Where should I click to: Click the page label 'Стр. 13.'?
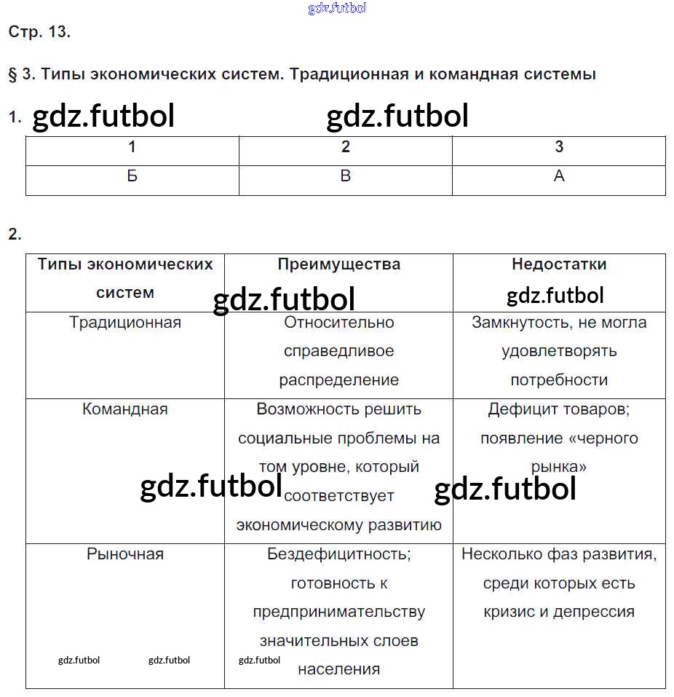(x=39, y=32)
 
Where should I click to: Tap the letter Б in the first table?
(x=132, y=176)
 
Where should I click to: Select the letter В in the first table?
(x=346, y=176)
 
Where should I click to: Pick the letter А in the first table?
(x=559, y=176)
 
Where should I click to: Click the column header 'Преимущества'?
(x=338, y=264)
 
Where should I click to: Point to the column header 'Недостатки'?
(x=559, y=264)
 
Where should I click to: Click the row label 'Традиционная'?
(x=125, y=322)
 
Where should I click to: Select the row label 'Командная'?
(x=125, y=409)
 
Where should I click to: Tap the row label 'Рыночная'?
(x=125, y=554)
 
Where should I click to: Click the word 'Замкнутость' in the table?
(x=518, y=322)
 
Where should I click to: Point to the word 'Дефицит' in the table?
(x=519, y=409)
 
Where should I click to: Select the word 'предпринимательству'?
(x=338, y=612)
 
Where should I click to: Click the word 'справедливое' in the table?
(x=338, y=351)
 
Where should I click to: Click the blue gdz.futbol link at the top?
(x=337, y=9)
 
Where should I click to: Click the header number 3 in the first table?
(x=559, y=147)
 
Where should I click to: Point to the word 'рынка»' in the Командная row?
(x=559, y=467)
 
